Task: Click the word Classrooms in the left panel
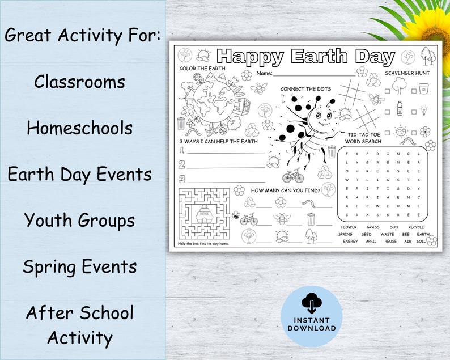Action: (x=79, y=82)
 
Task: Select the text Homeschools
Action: (x=79, y=128)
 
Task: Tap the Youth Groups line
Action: (x=79, y=220)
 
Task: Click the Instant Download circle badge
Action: (x=311, y=316)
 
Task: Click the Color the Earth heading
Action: (x=202, y=69)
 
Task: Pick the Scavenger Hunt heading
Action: (x=407, y=73)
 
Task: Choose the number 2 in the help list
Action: (x=182, y=164)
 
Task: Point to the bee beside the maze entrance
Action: (x=235, y=215)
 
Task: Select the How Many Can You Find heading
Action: (x=286, y=190)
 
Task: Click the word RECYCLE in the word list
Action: (x=415, y=227)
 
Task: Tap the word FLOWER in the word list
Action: (x=349, y=227)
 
